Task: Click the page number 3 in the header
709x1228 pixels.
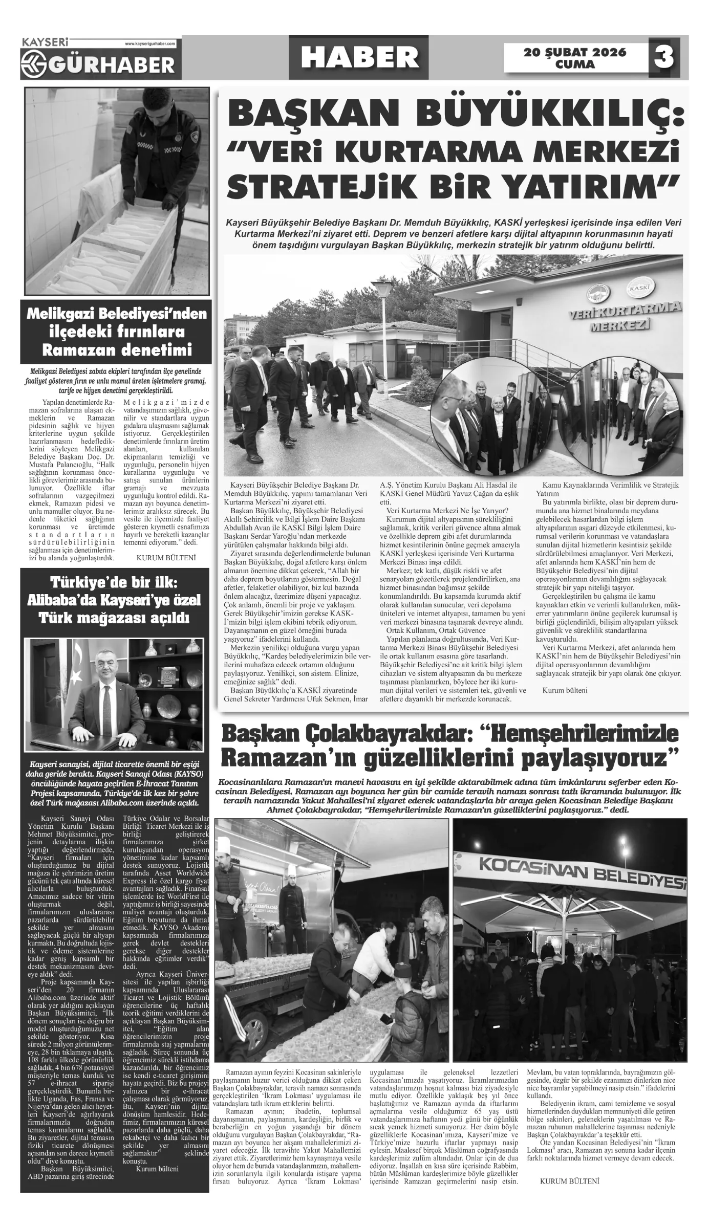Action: tap(664, 58)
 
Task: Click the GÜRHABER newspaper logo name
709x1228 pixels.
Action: tap(105, 64)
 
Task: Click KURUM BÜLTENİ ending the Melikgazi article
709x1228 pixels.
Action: tap(166, 557)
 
